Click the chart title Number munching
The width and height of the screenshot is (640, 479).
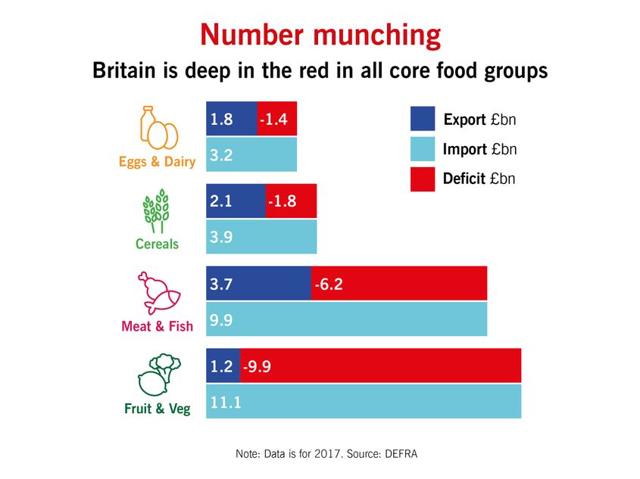click(x=320, y=36)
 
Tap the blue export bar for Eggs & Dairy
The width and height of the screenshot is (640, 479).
click(x=232, y=119)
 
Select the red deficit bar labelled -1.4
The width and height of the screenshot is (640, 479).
click(x=277, y=119)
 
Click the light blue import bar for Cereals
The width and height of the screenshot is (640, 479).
click(x=261, y=237)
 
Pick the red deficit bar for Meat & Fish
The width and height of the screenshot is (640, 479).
click(x=398, y=283)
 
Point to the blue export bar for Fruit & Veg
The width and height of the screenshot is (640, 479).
click(x=223, y=365)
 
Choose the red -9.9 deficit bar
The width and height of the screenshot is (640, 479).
click(x=381, y=365)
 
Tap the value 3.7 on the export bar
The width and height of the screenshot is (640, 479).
click(x=222, y=284)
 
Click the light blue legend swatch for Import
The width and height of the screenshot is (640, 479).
click(x=422, y=149)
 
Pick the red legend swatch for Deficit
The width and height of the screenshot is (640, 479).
click(x=422, y=179)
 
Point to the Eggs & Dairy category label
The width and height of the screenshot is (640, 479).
click(x=157, y=161)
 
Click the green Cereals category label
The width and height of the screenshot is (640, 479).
click(x=157, y=244)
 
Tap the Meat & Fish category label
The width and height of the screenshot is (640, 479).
click(x=157, y=326)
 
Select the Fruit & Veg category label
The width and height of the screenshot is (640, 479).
click(x=157, y=409)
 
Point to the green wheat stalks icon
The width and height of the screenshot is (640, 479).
click(x=156, y=211)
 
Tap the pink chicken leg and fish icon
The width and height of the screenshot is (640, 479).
click(x=158, y=294)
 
